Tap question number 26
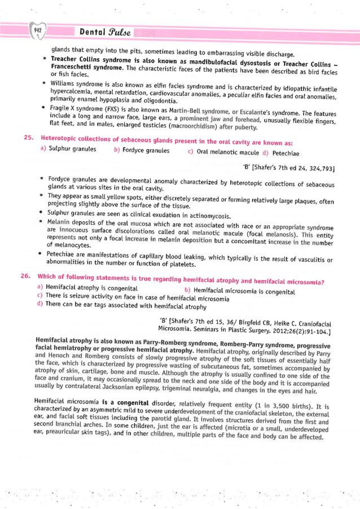(x=27, y=277)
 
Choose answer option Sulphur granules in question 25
(x=67, y=150)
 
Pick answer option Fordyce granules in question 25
(x=142, y=150)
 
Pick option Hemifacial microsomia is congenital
(x=236, y=291)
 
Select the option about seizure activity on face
(x=133, y=297)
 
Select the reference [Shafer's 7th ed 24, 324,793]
(x=287, y=168)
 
